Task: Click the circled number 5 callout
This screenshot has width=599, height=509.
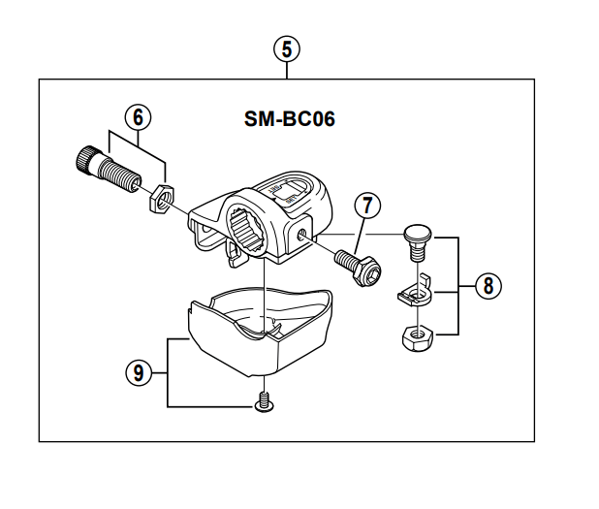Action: coord(285,48)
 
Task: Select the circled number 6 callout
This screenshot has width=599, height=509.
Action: coord(139,116)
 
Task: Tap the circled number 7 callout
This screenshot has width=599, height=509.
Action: coord(366,206)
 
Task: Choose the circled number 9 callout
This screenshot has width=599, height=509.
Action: coord(140,371)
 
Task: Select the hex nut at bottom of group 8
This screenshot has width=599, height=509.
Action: coord(416,338)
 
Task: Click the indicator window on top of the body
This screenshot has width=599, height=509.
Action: coord(291,193)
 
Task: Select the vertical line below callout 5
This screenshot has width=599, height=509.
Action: coord(285,69)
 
